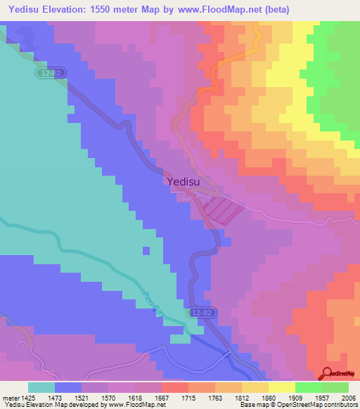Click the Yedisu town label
[185, 181]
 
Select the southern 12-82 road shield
[200, 311]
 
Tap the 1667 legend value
[162, 398]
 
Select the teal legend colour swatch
[41, 387]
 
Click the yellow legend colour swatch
[282, 387]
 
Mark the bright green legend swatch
[309, 387]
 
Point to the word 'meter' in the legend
[11, 398]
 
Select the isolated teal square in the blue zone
[146, 250]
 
